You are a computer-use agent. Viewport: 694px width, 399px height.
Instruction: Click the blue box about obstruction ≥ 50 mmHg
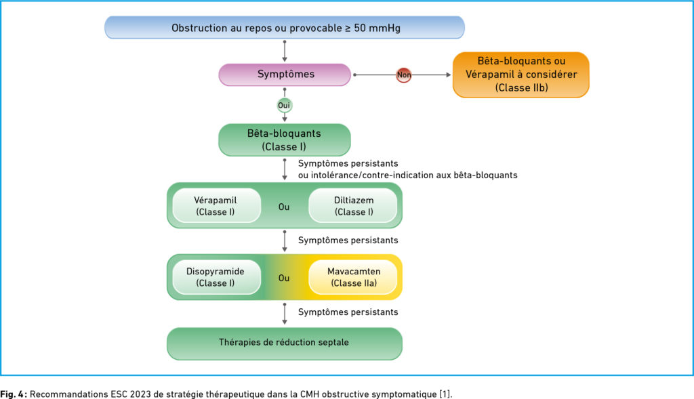pos(285,27)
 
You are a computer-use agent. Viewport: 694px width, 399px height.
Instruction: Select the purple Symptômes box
pos(285,75)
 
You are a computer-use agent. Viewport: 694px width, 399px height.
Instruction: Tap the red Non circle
pos(404,75)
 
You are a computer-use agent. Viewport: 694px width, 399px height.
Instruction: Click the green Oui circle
pos(284,105)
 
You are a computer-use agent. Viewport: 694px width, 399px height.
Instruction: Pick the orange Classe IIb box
pos(521,75)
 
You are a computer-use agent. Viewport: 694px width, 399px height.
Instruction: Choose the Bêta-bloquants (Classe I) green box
pos(285,140)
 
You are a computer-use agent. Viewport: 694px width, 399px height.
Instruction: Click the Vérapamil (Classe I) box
pos(216,206)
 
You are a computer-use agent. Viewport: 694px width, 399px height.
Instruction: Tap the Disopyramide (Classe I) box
pos(216,277)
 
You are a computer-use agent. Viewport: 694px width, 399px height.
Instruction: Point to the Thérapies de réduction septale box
pos(285,343)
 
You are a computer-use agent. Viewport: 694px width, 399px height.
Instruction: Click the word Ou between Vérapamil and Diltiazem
pos(284,207)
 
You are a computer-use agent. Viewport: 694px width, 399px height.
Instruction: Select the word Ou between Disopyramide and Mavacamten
pos(284,278)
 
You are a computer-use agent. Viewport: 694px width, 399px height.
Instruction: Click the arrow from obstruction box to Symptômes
pos(285,51)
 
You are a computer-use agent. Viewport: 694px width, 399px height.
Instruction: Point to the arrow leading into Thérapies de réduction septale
pos(285,314)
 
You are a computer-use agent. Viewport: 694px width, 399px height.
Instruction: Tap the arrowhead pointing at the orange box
pos(449,75)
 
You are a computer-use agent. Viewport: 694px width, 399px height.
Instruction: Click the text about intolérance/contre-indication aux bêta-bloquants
pos(407,175)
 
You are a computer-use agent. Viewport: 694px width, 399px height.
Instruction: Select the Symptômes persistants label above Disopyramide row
pos(348,240)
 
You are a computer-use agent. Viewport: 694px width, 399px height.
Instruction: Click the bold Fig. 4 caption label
pos(14,394)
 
